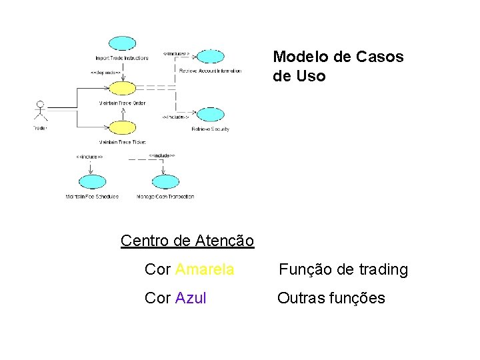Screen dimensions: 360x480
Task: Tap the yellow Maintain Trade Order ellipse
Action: pos(122,88)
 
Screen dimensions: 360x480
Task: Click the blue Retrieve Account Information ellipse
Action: pos(211,57)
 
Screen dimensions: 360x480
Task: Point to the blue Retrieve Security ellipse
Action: pos(211,115)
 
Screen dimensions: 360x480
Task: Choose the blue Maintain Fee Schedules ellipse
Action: pos(91,181)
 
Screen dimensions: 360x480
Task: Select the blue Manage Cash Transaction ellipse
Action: pos(165,181)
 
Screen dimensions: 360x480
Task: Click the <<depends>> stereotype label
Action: pos(105,72)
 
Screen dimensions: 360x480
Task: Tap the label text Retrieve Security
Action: pos(210,129)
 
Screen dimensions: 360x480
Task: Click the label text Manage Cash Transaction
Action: pos(165,197)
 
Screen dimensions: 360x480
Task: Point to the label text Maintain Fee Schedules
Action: pos(92,197)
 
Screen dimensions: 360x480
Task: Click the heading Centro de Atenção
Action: pos(187,240)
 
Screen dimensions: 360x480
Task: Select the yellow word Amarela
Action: pos(204,269)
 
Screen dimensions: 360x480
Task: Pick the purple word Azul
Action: pos(191,298)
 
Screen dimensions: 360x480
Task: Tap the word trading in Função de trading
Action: pos(382,269)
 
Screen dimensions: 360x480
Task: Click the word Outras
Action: pos(301,298)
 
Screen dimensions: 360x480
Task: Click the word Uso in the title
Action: pos(311,76)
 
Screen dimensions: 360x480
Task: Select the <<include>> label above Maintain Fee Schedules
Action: pos(89,157)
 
